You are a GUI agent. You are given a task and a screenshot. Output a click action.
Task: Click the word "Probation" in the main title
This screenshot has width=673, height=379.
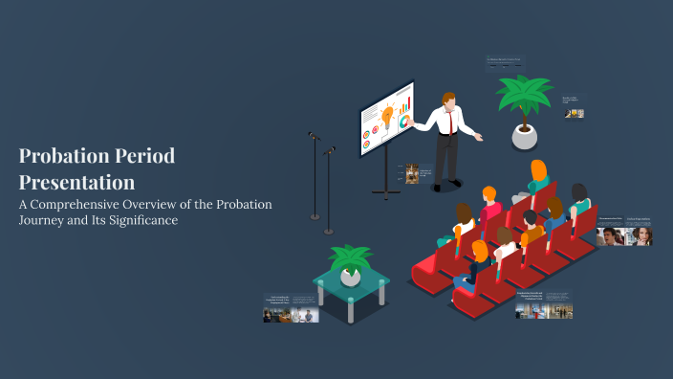coord(62,156)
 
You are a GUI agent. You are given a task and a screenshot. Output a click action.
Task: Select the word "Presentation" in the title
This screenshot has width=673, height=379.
coord(76,181)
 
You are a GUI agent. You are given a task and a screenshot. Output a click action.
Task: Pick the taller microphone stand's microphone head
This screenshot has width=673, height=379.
coord(314,136)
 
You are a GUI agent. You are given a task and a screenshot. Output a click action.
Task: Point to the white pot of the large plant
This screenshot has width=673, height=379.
coord(524,137)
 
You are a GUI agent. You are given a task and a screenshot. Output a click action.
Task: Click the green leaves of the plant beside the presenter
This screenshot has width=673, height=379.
coord(523,96)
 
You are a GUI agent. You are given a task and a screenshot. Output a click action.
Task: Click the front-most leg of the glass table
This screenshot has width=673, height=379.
coord(350,311)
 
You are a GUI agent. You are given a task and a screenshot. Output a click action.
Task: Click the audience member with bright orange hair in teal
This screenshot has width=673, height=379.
coord(538,178)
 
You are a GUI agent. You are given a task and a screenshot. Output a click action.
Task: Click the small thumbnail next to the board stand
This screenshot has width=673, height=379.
coord(412,173)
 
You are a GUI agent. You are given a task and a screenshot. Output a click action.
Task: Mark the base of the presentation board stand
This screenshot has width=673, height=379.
coord(385,194)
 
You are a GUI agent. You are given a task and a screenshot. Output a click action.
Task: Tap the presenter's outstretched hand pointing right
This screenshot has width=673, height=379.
coord(479,138)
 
